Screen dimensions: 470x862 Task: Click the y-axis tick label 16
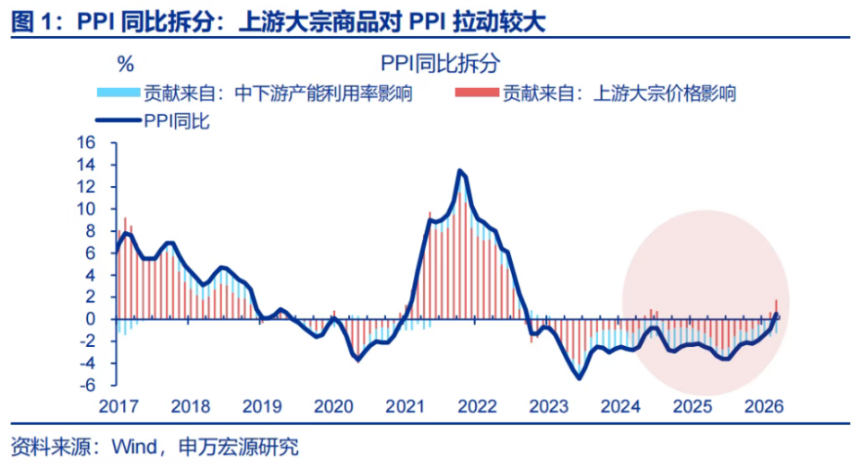[87, 143]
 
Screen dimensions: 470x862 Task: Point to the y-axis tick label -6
[87, 385]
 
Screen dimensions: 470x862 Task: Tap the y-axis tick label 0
[91, 319]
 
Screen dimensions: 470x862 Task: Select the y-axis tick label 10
[87, 208]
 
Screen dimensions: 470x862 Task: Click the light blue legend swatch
[118, 93]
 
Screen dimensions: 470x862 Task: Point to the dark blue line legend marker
[118, 121]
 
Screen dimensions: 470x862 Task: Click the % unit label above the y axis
[125, 64]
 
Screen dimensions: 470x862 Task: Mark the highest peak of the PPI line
[460, 171]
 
